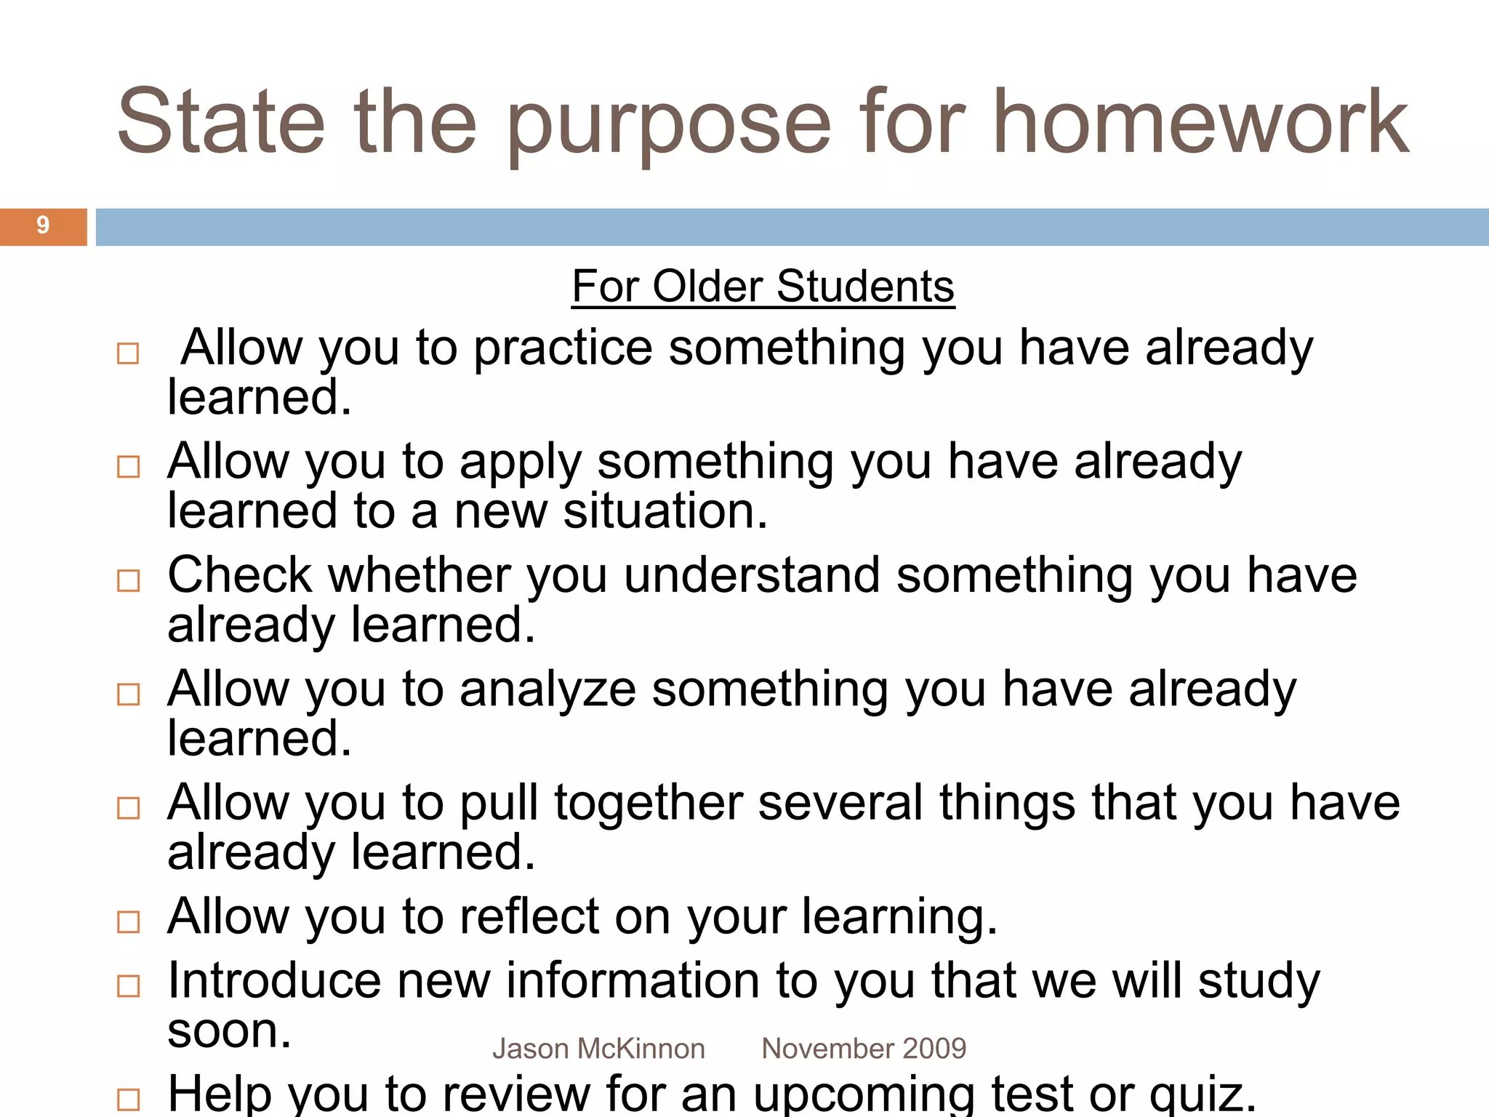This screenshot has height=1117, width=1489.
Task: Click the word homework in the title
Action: pos(1200,122)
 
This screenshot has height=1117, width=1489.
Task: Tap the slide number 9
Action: pos(43,225)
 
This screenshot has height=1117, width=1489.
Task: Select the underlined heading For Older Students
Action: pos(763,286)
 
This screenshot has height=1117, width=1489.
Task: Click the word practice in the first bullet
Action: pos(563,348)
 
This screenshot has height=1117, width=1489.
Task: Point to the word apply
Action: pos(520,463)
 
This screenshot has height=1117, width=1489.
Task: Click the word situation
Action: pos(665,511)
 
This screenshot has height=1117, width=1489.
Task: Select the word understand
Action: pos(751,575)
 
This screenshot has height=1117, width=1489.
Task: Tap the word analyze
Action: pos(547,689)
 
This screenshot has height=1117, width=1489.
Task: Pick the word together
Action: pos(649,803)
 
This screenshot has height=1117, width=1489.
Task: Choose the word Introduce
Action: pos(274,980)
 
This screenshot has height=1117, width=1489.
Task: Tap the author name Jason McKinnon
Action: pos(598,1049)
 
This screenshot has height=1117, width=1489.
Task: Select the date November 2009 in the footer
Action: pos(864,1049)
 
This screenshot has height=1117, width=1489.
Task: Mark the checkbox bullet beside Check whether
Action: pos(129,580)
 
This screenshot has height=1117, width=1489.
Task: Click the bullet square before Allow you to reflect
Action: pos(129,921)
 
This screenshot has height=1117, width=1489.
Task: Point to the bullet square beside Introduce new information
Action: pos(129,986)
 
